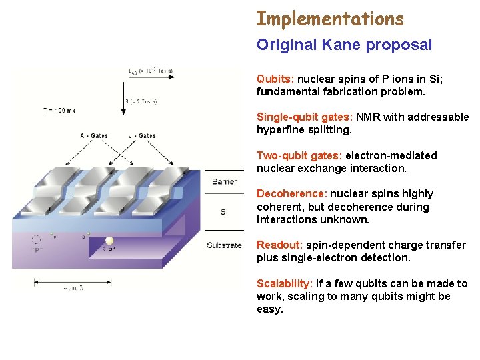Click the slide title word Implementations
coord(330,19)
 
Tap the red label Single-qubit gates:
coord(304,117)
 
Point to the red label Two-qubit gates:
coord(299,155)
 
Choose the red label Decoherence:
coord(292,194)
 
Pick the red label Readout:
coord(280,245)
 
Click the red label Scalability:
coord(285,284)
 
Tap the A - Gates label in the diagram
coord(95,135)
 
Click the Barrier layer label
coord(224,181)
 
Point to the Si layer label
coord(224,212)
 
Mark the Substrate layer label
coord(224,245)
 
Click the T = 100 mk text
coord(58,110)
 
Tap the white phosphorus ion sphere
coord(109,241)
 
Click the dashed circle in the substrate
coord(35,240)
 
